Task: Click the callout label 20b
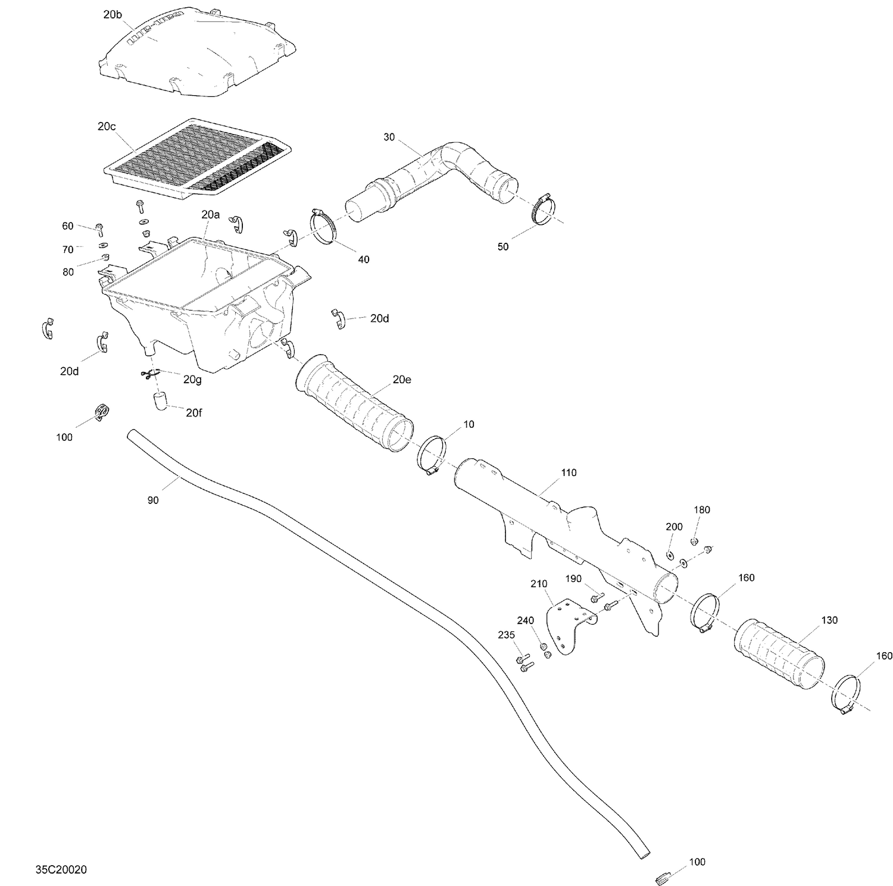click(x=113, y=15)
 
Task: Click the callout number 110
click(x=569, y=473)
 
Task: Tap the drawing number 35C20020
click(x=61, y=870)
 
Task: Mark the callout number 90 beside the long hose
click(x=153, y=500)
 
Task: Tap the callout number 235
click(x=506, y=635)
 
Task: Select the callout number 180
click(x=702, y=510)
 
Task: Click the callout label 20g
click(x=192, y=380)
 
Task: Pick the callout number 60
click(x=68, y=226)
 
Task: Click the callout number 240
click(x=525, y=621)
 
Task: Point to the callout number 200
click(x=674, y=527)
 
